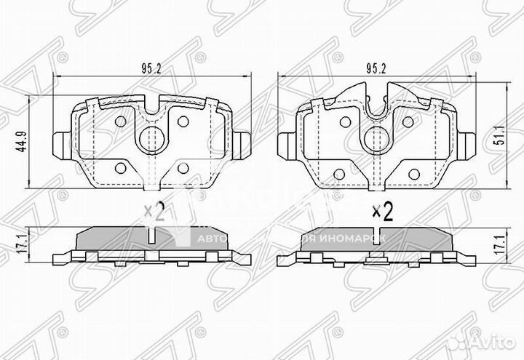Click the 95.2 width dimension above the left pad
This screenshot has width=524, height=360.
tap(152, 71)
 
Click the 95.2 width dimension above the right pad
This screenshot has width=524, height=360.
tap(376, 71)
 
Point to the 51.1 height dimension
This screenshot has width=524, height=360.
tap(501, 140)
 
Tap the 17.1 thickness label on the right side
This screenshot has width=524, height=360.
tap(502, 243)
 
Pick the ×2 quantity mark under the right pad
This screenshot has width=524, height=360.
tap(382, 212)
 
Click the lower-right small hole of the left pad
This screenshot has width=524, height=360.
tap(183, 169)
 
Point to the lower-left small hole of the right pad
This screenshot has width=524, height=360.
tap(340, 173)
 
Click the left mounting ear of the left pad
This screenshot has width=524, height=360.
tap(63, 143)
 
